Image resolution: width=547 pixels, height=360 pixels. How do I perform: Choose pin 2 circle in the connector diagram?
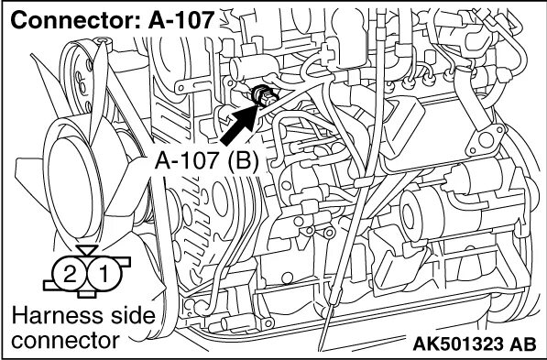(68, 272)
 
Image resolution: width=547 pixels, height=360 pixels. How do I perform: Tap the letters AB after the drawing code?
(522, 345)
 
